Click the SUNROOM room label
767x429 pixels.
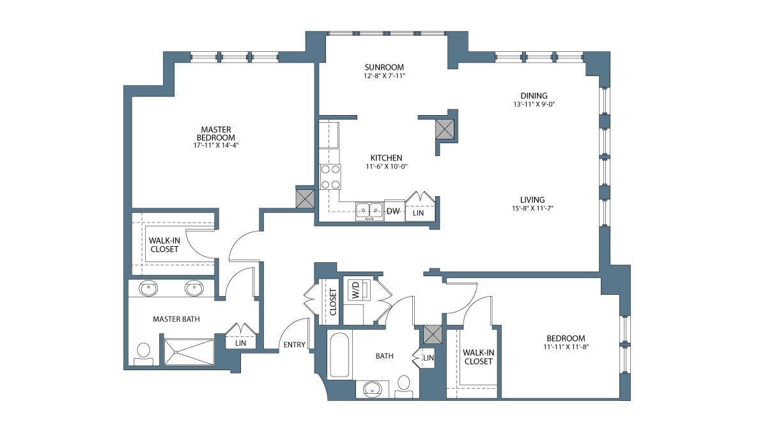384,67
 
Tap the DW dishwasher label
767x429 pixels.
393,211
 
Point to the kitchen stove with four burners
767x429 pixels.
330,177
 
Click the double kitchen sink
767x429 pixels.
369,212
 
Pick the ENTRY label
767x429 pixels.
295,345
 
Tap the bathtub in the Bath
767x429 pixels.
339,355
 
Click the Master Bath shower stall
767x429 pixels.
189,352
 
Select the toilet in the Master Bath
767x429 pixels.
143,354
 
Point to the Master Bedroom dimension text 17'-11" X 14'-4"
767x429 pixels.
216,145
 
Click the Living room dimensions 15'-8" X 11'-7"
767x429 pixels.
533,208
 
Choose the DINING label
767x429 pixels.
534,95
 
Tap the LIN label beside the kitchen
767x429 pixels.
418,213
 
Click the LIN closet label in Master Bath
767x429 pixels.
241,343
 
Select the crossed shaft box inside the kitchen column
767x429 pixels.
445,129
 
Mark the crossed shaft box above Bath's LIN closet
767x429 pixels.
433,334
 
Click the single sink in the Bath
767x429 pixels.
373,389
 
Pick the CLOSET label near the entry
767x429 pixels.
333,302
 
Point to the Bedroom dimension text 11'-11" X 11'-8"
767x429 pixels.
566,347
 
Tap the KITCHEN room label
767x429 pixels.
386,158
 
